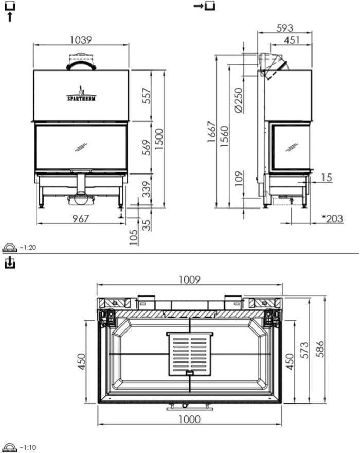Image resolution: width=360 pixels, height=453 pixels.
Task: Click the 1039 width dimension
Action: pyautogui.click(x=81, y=40)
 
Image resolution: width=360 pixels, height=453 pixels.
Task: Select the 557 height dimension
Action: pyautogui.click(x=147, y=96)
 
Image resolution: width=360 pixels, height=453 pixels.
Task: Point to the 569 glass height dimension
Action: pyautogui.click(x=147, y=148)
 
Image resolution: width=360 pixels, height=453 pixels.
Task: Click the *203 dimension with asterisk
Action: pyautogui.click(x=332, y=219)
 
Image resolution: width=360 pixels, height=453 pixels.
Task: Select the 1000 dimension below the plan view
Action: pyautogui.click(x=189, y=420)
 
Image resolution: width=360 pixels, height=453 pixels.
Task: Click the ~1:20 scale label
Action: pyautogui.click(x=28, y=248)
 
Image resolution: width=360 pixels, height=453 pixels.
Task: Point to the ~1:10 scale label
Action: pyautogui.click(x=28, y=447)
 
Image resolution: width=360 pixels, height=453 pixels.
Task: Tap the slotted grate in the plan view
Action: pyautogui.click(x=190, y=354)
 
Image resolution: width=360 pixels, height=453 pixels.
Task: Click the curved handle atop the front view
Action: pyautogui.click(x=81, y=64)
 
